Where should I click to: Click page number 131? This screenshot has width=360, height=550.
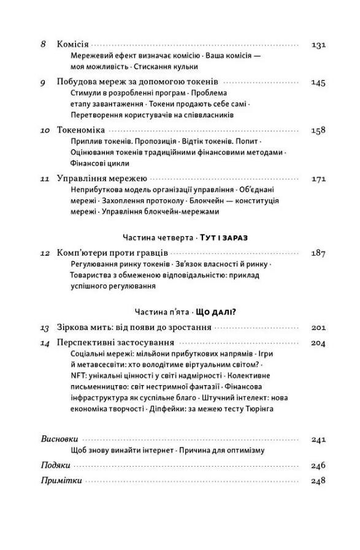318,45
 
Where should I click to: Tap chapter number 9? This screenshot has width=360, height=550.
44,82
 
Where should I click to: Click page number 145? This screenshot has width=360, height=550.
318,82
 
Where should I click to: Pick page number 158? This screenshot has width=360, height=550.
318,130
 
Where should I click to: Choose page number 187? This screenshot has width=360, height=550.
318,253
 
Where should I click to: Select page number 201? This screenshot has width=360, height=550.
318,327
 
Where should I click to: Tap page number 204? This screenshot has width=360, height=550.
318,343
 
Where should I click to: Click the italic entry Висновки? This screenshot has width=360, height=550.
59,439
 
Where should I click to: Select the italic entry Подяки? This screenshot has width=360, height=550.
55,465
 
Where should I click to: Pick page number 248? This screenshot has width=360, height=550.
318,481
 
